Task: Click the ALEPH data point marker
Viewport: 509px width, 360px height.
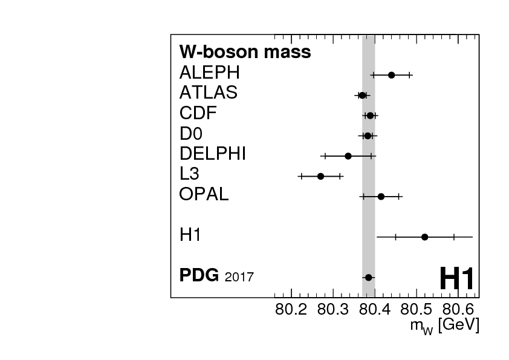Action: tap(391, 75)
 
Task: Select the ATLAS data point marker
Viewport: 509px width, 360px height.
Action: tap(362, 95)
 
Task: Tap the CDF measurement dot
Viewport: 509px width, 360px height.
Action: tap(370, 116)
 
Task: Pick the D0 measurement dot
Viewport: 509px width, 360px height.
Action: tap(368, 136)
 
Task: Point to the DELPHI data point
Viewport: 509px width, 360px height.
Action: tap(348, 156)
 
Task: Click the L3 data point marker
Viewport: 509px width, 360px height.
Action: tap(320, 176)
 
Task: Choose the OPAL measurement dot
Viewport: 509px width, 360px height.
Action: tap(381, 196)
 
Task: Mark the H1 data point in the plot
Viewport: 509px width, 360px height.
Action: tap(424, 237)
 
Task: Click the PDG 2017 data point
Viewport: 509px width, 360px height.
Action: tap(368, 277)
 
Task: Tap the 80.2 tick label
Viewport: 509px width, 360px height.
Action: tap(291, 310)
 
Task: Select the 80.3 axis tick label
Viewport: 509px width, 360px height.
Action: tap(333, 310)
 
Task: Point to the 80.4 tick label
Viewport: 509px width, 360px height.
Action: tap(375, 310)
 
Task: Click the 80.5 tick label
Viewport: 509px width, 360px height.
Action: tap(417, 310)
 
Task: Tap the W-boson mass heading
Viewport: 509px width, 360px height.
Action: tap(245, 52)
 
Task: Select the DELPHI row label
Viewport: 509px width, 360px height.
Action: tap(212, 154)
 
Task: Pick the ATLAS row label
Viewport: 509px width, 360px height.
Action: tap(208, 93)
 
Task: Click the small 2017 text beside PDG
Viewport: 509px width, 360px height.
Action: tap(239, 278)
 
